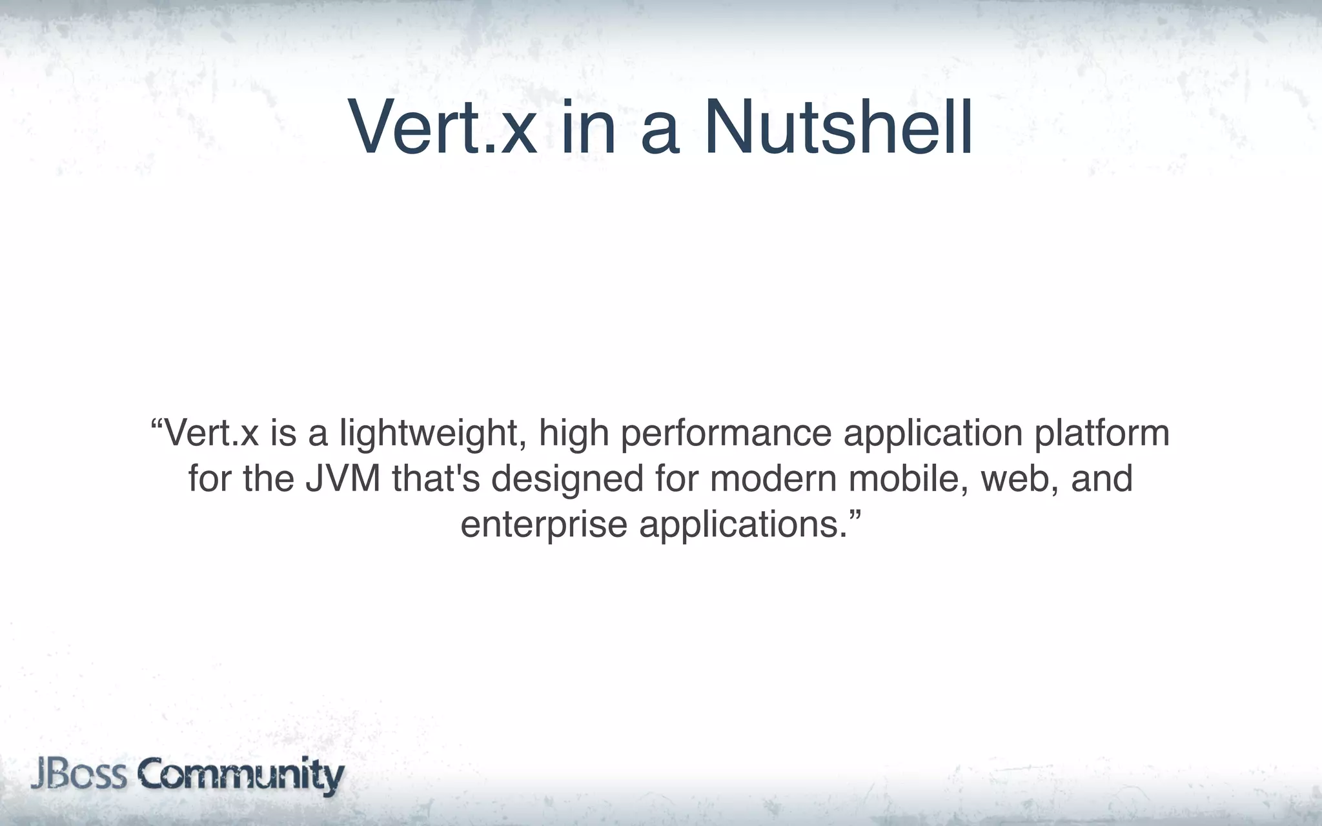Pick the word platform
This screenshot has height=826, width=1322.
click(1102, 433)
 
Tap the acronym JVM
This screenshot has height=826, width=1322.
click(343, 479)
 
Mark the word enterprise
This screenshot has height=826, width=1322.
click(544, 525)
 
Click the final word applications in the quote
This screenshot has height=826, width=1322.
click(742, 525)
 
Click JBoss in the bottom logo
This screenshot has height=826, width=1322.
click(78, 774)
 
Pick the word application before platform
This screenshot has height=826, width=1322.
click(933, 434)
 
